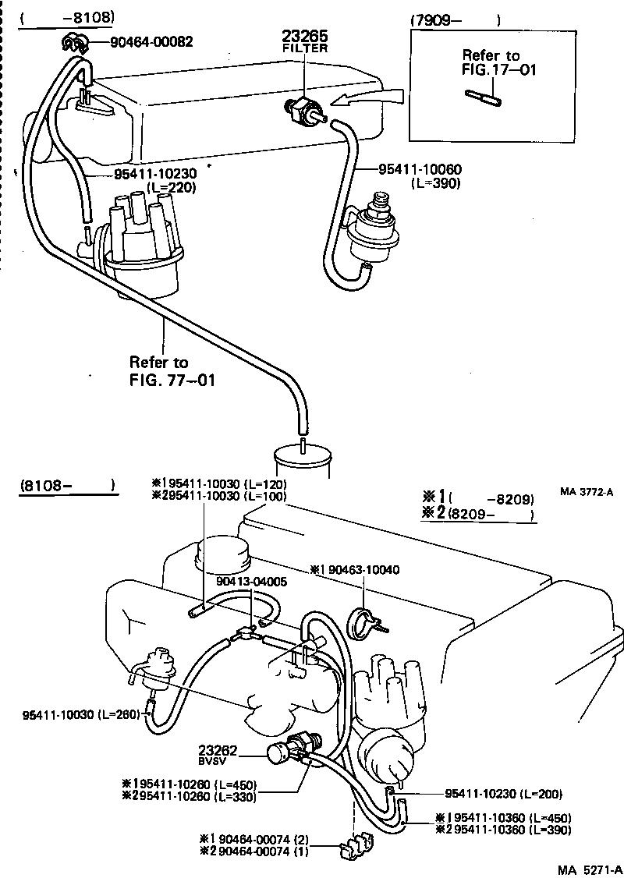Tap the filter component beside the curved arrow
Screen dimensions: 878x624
(x=303, y=112)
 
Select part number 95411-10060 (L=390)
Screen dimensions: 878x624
(x=419, y=175)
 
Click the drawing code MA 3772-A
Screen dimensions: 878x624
(x=587, y=491)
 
